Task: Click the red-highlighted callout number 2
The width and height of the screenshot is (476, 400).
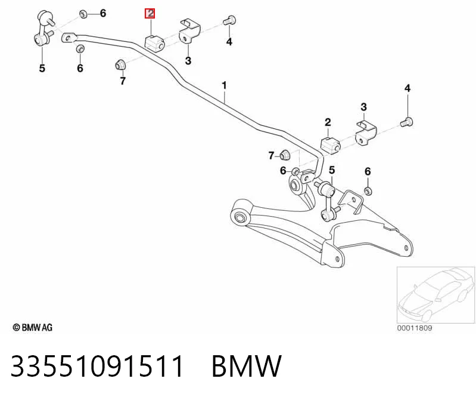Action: (x=150, y=13)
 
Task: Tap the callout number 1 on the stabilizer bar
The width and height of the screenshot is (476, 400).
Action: (x=225, y=85)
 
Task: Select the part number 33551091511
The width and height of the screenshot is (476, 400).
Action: (x=97, y=365)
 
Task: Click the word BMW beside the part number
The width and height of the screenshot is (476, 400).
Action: (x=247, y=365)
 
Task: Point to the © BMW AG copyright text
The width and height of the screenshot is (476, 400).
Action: (x=33, y=328)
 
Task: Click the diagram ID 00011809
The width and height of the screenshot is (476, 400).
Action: (x=415, y=328)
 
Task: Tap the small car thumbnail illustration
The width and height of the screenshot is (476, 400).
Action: (x=436, y=295)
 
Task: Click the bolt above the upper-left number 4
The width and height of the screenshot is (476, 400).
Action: (x=229, y=20)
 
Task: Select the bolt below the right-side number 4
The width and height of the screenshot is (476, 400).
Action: (x=406, y=122)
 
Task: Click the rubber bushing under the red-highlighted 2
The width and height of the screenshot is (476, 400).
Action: (x=154, y=43)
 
